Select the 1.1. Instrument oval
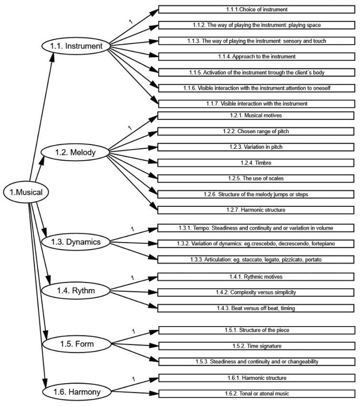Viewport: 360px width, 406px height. (77, 46)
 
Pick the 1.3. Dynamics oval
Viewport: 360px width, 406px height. (77, 242)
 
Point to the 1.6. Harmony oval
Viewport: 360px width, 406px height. (78, 392)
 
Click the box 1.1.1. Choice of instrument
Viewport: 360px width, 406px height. (256, 9)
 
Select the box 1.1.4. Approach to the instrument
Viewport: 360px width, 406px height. (256, 57)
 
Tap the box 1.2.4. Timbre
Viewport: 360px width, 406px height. (256, 163)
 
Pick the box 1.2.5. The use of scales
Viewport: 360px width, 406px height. (256, 178)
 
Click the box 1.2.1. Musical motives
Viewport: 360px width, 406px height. (256, 116)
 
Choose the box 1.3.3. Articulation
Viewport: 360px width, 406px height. (256, 260)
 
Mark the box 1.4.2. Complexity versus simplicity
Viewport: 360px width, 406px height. (256, 292)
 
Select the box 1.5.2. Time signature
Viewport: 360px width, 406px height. (256, 346)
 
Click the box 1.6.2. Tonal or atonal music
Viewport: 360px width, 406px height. (256, 394)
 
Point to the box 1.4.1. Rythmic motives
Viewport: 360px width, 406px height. (256, 276)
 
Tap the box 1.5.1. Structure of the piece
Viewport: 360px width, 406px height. (256, 330)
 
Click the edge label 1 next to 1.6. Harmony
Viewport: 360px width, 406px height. (133, 379)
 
